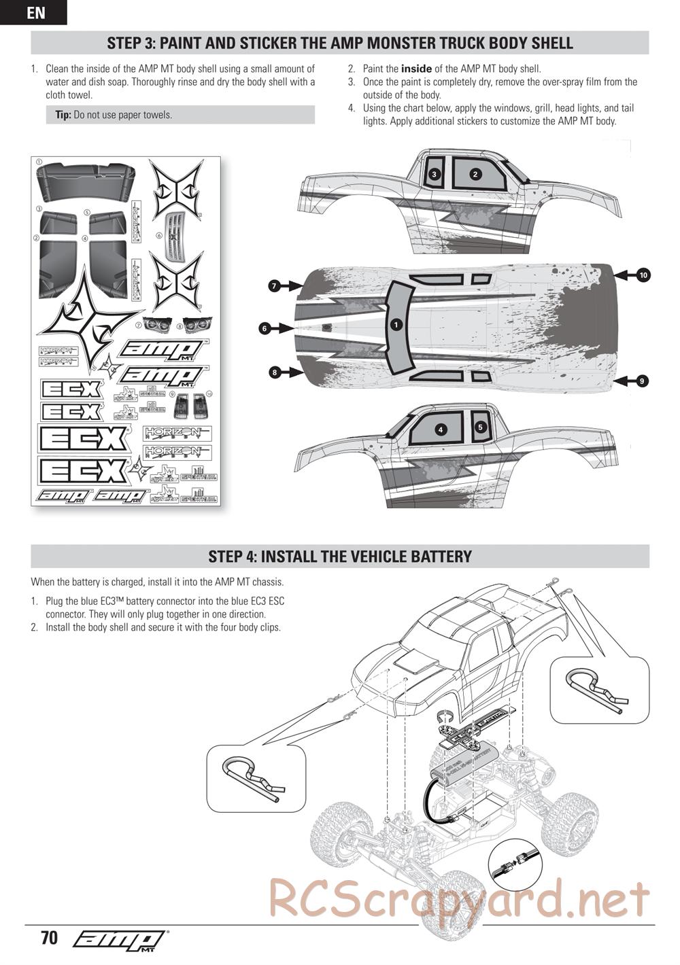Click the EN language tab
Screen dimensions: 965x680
[33, 12]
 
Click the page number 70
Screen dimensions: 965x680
[49, 938]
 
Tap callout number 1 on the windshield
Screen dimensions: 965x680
[396, 325]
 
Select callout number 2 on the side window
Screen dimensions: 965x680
[475, 174]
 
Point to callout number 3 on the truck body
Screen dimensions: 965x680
[435, 174]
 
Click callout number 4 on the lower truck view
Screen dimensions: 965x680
[441, 429]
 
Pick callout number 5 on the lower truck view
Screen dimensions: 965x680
[480, 427]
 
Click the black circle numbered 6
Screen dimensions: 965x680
[265, 329]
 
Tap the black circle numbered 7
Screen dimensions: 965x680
[274, 286]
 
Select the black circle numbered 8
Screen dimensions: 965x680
[274, 372]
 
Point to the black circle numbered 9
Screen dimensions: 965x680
[642, 381]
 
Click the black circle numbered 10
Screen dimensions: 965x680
[643, 275]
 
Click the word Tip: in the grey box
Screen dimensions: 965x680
[63, 115]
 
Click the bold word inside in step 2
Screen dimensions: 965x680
[416, 69]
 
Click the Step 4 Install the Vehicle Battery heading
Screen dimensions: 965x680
[340, 557]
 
